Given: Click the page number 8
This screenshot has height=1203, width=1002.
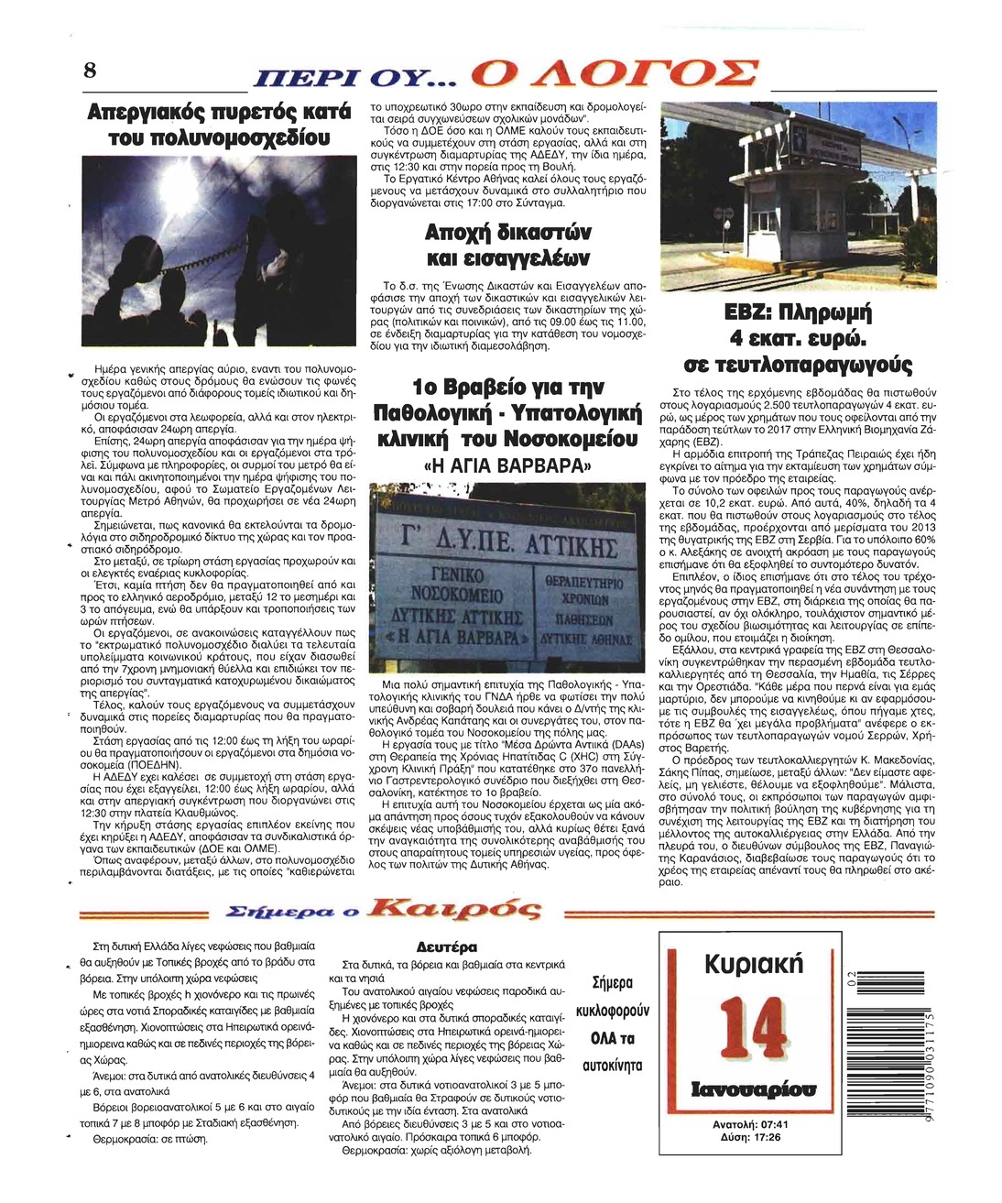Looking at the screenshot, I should click(x=90, y=71).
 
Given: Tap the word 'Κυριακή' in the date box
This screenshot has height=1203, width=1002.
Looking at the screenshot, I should click(x=753, y=964).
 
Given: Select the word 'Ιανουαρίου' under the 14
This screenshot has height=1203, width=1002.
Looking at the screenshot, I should click(x=753, y=1089).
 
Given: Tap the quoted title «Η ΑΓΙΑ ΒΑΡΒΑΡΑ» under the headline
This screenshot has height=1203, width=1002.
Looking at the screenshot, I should click(x=506, y=465).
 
